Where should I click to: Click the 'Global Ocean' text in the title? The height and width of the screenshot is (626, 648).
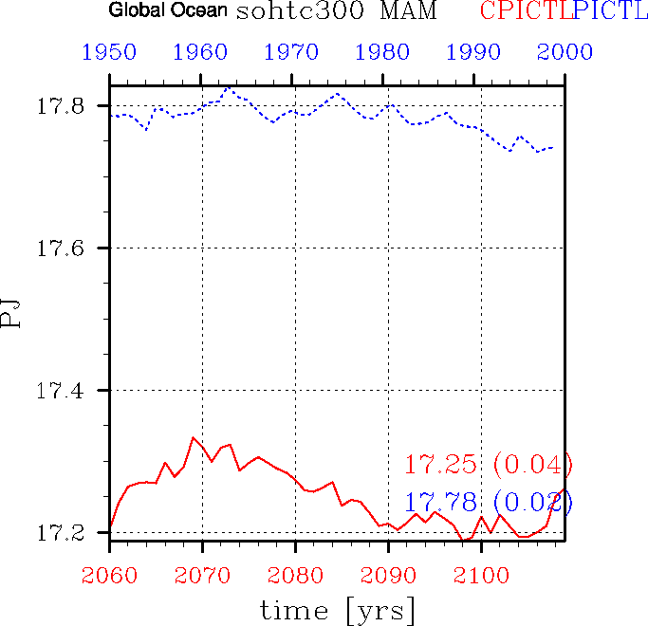[x=168, y=11]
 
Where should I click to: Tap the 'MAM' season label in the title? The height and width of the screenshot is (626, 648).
[x=391, y=12]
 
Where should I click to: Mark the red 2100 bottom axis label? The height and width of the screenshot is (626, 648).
[x=481, y=575]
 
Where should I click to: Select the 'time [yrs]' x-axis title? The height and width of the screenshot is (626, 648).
[x=339, y=612]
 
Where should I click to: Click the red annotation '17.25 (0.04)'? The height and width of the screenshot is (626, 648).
[x=489, y=465]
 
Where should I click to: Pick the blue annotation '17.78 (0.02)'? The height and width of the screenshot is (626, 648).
[x=489, y=503]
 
